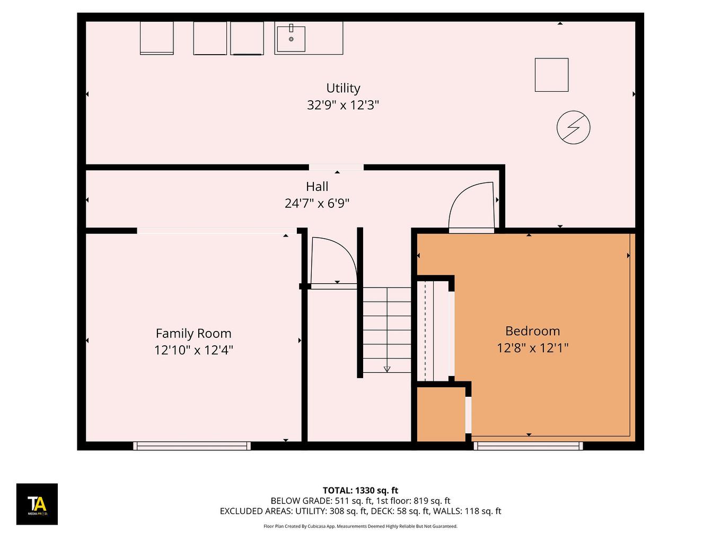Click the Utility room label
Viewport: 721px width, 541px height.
tap(343, 88)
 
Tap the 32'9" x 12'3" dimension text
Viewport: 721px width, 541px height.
tap(343, 105)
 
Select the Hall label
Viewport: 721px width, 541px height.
tap(317, 187)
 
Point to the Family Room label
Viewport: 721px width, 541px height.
tap(194, 334)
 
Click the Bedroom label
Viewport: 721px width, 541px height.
tap(532, 331)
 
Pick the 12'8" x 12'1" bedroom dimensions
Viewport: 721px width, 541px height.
tap(532, 348)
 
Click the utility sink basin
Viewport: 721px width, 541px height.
tap(291, 39)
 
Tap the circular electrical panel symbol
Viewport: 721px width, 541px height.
tap(573, 127)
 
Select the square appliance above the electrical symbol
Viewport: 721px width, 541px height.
tap(551, 75)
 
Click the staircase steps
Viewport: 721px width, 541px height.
tap(387, 329)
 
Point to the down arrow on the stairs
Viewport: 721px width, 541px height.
tap(387, 369)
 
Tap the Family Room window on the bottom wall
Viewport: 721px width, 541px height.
tap(192, 446)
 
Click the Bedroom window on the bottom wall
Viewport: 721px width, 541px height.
tap(529, 446)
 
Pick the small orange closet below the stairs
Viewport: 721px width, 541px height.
tap(441, 414)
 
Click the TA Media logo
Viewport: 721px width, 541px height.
tap(37, 504)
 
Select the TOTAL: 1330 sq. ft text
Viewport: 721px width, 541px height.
tap(360, 491)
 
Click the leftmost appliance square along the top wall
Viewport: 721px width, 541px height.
tap(156, 38)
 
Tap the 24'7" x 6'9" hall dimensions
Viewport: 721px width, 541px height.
tap(317, 203)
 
